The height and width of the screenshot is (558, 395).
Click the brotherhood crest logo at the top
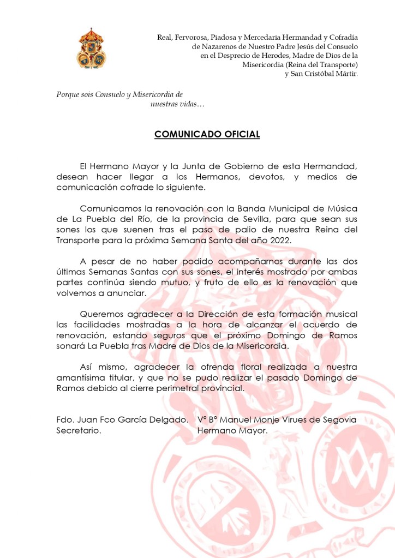point(91,48)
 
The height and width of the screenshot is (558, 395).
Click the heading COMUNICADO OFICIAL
point(207,134)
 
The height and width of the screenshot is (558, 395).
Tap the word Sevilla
point(285,219)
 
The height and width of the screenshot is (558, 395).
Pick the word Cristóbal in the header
point(324,74)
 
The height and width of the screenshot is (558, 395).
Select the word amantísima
point(82,377)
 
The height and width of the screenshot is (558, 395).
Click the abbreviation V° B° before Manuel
point(207,419)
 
